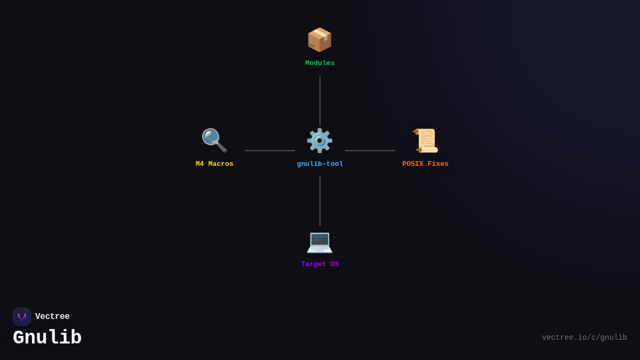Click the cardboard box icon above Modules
[x=319, y=40]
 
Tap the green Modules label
[x=320, y=63]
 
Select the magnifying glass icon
[x=214, y=141]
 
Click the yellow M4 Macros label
[x=214, y=164]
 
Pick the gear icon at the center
[x=319, y=141]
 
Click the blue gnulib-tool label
[x=320, y=164]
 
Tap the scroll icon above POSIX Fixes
[x=426, y=141]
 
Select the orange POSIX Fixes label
[x=425, y=164]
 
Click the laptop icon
[x=319, y=242]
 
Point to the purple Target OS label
[x=320, y=265]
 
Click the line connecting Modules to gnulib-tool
[x=320, y=100]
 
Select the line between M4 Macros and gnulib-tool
[x=269, y=150]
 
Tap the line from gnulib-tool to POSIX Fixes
[x=370, y=150]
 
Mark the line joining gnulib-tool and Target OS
[x=320, y=201]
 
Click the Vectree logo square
[x=22, y=317]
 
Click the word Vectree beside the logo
[x=52, y=317]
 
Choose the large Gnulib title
[x=47, y=338]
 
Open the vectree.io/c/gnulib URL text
[x=584, y=338]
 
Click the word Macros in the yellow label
[x=221, y=164]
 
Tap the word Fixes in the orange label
[x=438, y=164]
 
